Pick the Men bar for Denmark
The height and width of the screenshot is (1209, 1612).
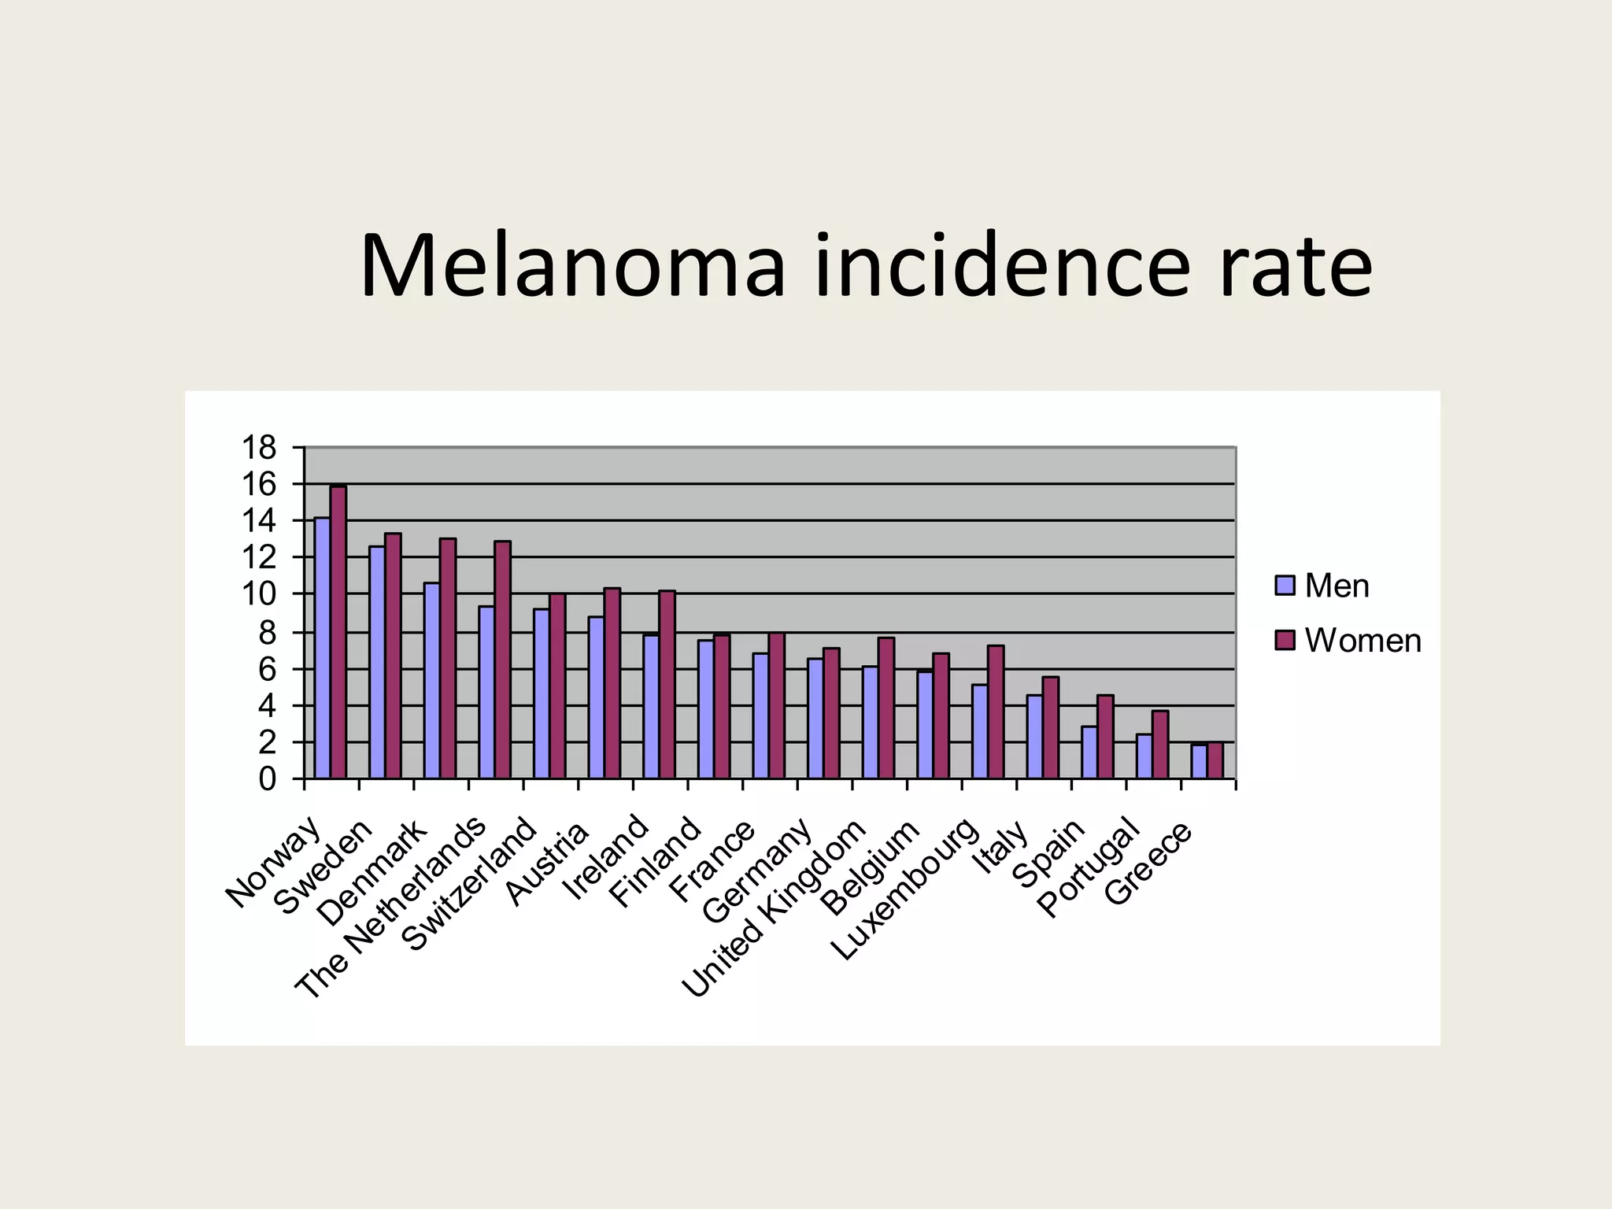(x=431, y=680)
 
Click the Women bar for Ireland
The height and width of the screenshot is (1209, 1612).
(x=667, y=684)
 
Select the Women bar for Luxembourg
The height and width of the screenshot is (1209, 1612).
(x=996, y=712)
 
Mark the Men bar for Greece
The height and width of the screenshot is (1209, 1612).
(x=1199, y=761)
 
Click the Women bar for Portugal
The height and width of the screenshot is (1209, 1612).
(x=1160, y=745)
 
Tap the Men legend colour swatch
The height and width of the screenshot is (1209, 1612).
(x=1285, y=586)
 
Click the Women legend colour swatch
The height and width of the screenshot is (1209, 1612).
(x=1285, y=641)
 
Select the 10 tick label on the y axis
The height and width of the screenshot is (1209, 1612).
(x=260, y=594)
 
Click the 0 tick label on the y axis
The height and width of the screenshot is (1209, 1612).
(x=268, y=779)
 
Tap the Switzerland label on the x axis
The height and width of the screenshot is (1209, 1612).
(x=470, y=885)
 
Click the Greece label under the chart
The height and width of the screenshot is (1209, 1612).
(x=1149, y=864)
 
